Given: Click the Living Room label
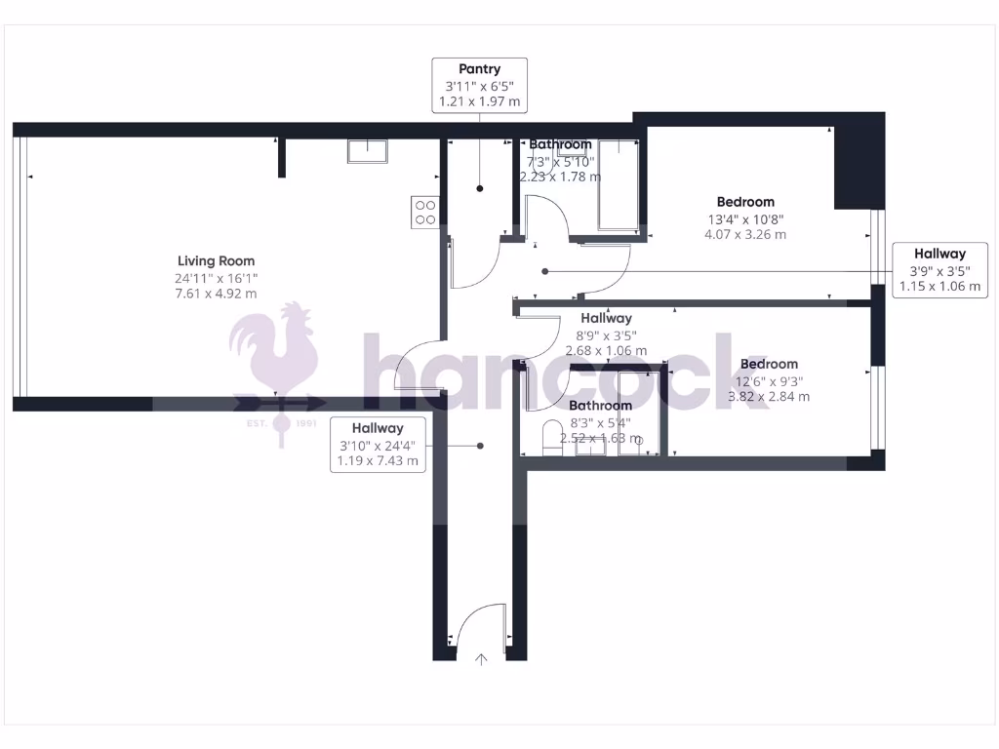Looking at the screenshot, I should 216,260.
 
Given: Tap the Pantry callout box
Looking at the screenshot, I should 479,85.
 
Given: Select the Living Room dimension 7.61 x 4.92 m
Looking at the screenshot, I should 216,293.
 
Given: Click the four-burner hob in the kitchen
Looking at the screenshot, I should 424,212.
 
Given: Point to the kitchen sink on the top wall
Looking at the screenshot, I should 368,151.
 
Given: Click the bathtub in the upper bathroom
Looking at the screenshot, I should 617,184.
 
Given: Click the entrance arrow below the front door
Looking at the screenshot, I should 481,660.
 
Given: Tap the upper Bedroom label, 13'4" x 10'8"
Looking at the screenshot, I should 745,202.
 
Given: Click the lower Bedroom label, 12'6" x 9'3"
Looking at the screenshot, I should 769,364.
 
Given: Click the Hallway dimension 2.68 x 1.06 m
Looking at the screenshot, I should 606,350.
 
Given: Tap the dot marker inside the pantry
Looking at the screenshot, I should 479,188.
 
